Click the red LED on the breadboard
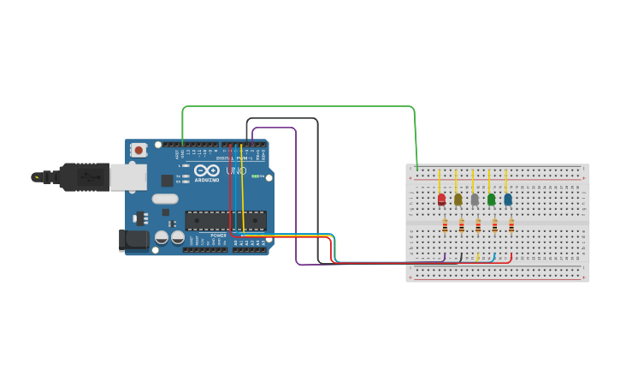[441, 200]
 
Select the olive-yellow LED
[458, 200]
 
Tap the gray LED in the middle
[475, 200]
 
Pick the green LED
[491, 200]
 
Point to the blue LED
[508, 200]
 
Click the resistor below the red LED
[445, 226]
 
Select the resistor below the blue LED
[511, 226]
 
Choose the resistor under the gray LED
[478, 226]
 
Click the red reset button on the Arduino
[139, 150]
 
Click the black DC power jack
[133, 240]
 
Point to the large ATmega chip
[226, 220]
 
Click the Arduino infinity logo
[206, 170]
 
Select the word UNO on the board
[237, 171]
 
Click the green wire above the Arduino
[299, 107]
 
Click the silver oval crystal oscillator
[165, 199]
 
